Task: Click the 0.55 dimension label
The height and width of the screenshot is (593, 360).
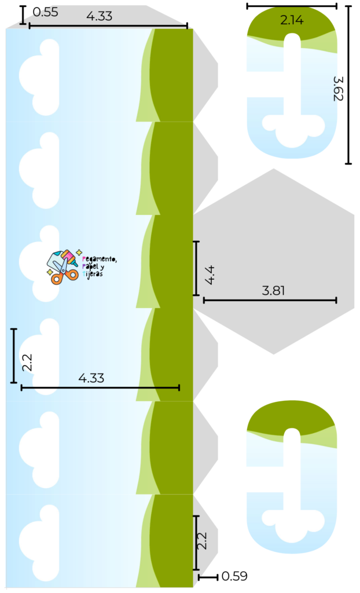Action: click(x=43, y=11)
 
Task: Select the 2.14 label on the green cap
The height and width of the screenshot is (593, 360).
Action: click(x=292, y=20)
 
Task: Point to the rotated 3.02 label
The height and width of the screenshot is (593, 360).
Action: click(x=336, y=93)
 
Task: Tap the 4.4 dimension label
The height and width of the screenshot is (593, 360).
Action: click(x=210, y=274)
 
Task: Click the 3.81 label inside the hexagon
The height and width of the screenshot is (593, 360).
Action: click(x=273, y=291)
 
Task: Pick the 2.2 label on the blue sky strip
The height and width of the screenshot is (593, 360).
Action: click(x=27, y=363)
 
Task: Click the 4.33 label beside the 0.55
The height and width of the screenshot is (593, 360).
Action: click(x=99, y=16)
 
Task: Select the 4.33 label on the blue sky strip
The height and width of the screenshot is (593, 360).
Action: click(x=91, y=378)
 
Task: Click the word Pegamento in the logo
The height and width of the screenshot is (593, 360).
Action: click(x=100, y=259)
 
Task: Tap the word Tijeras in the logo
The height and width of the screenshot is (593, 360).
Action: click(x=93, y=274)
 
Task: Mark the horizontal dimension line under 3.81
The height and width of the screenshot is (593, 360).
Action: click(x=270, y=300)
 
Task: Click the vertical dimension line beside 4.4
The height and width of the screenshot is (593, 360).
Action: click(x=197, y=268)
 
